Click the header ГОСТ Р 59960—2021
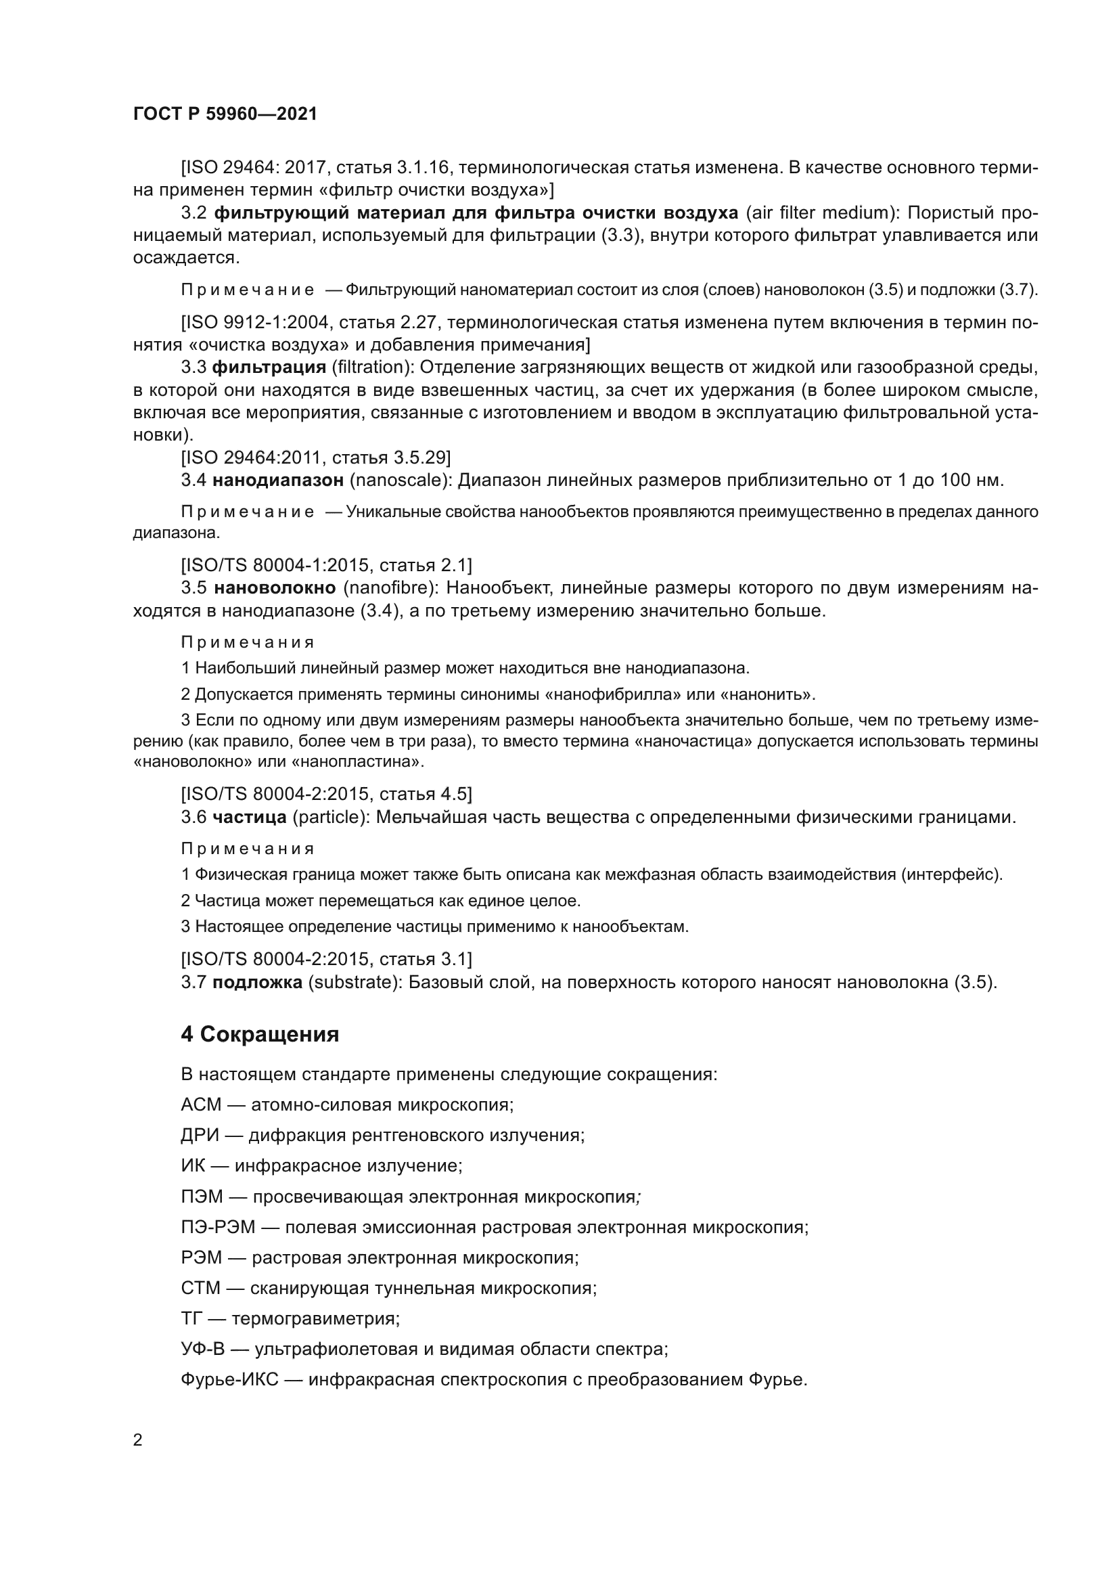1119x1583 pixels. [225, 114]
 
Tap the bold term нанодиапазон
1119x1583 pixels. [277, 480]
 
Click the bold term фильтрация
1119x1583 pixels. [269, 367]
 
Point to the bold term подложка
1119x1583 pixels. [257, 983]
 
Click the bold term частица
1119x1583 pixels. [250, 818]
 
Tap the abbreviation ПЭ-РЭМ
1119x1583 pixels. [218, 1227]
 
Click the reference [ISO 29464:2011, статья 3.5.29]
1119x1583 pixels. [315, 457]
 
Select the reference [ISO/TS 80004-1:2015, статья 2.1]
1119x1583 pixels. [326, 565]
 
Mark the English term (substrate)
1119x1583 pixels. [356, 983]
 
